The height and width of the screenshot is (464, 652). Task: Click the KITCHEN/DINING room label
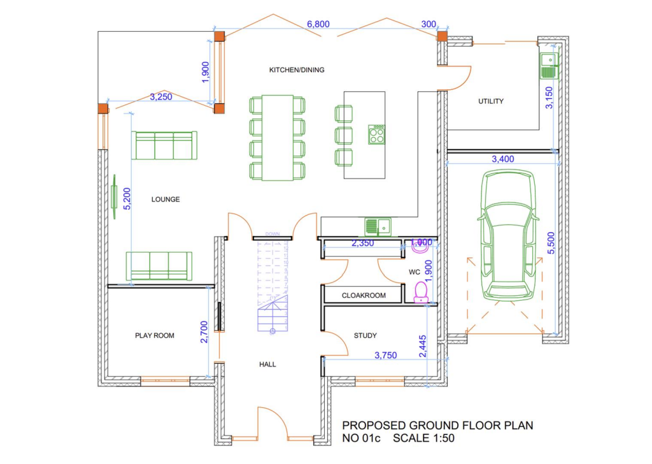tap(297, 70)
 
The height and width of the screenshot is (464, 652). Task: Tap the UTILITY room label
tap(490, 101)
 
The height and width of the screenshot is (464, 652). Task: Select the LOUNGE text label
tap(166, 199)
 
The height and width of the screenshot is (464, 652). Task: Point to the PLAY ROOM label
tap(154, 335)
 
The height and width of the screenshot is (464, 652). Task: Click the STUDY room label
tap(365, 335)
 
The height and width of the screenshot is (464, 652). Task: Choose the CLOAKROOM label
tap(364, 296)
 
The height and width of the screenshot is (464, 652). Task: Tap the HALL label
tap(267, 365)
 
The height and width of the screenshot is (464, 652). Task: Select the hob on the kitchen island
tap(376, 134)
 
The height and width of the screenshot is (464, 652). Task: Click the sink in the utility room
tap(548, 65)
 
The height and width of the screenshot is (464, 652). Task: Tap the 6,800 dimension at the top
tap(318, 24)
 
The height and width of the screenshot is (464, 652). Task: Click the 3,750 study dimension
tap(386, 355)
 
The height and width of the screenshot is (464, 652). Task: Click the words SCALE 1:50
tap(423, 439)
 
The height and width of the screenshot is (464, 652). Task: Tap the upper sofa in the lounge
tap(164, 145)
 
